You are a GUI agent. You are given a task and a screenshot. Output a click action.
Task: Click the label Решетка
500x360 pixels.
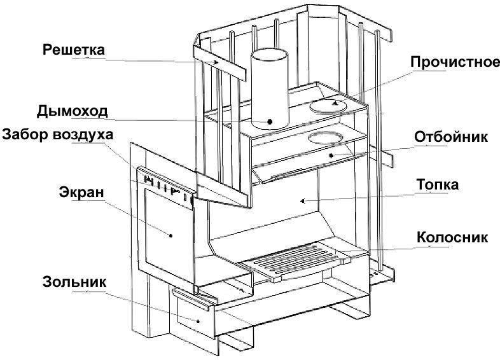click(73, 49)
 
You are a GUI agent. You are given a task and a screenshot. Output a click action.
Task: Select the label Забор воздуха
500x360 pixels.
click(57, 135)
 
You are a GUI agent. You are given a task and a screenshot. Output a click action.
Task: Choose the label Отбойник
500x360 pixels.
click(450, 137)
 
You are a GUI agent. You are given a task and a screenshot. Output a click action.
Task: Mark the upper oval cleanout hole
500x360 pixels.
click(330, 105)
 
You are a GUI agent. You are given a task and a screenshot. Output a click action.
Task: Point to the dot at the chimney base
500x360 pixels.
click(270, 120)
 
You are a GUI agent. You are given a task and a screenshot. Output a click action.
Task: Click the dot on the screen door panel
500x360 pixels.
click(172, 234)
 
